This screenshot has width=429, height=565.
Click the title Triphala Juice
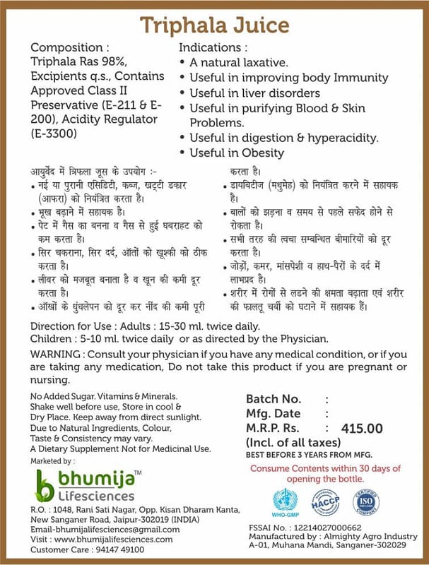[214, 25]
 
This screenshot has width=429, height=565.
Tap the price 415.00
[362, 428]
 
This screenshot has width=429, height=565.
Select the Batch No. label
[274, 398]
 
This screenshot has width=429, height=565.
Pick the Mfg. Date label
[274, 413]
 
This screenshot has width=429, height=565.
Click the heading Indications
[213, 48]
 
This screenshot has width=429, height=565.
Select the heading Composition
[70, 48]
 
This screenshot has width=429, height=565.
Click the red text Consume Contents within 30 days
[326, 468]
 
